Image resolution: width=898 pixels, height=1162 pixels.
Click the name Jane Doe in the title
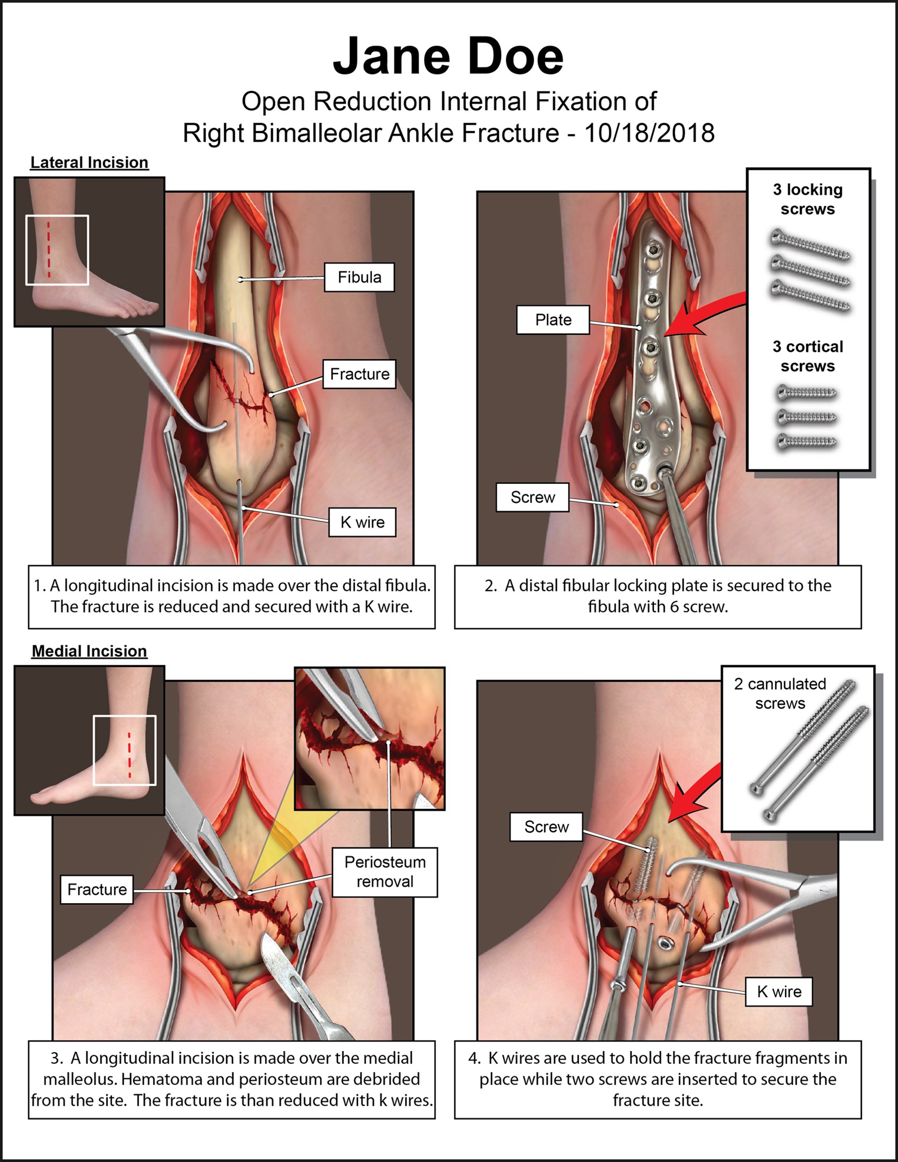[447, 56]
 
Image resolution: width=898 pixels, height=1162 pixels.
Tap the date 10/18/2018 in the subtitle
[649, 133]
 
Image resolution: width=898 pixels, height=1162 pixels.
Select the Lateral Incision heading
[89, 163]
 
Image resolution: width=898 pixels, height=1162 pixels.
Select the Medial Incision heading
[89, 651]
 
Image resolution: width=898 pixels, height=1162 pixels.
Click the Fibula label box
[359, 277]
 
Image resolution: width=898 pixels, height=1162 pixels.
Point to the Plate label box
[553, 320]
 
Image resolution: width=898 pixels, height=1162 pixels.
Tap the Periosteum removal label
[385, 872]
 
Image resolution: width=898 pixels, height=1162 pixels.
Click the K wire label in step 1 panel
[362, 523]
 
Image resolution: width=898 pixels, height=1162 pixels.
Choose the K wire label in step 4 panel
[779, 992]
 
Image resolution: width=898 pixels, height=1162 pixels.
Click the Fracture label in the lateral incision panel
[359, 374]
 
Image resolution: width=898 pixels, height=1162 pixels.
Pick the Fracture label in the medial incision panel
[97, 889]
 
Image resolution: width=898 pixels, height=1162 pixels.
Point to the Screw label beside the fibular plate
[532, 498]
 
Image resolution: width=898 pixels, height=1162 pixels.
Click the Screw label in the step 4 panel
[546, 827]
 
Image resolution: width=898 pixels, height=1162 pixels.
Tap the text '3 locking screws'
[807, 199]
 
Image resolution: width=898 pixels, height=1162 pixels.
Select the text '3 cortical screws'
[807, 356]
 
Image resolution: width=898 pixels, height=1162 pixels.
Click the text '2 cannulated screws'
[780, 693]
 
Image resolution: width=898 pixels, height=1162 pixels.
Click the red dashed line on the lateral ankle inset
[48, 249]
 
